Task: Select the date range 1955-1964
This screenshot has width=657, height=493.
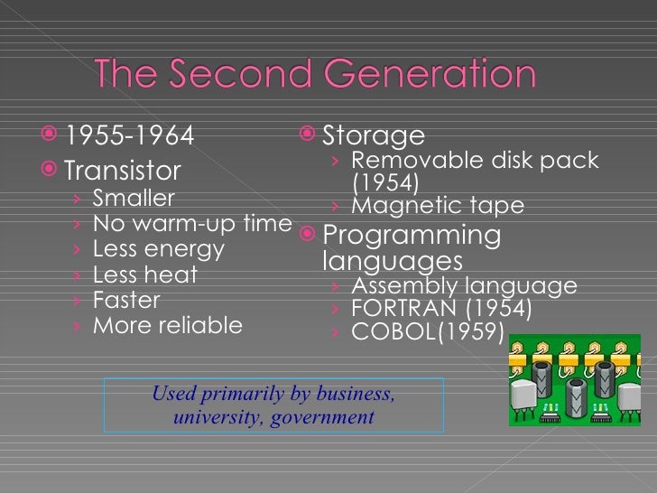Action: coord(130,136)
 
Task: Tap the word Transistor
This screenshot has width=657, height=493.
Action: coord(123,171)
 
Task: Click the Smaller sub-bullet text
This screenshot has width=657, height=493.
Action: coord(134,198)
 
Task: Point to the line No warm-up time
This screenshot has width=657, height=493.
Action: coord(192,223)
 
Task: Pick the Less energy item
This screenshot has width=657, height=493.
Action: coord(159,248)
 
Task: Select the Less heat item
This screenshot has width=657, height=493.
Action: coord(145,274)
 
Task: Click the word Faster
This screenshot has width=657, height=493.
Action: coord(126,300)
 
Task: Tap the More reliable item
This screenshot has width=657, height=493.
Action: coord(168,325)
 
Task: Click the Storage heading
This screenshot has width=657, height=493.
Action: coord(374,136)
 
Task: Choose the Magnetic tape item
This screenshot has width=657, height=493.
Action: coord(437,206)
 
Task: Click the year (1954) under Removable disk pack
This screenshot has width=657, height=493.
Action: coord(385,183)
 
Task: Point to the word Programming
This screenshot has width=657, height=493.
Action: coord(412,236)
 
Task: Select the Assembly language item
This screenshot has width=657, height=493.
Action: coord(464,286)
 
